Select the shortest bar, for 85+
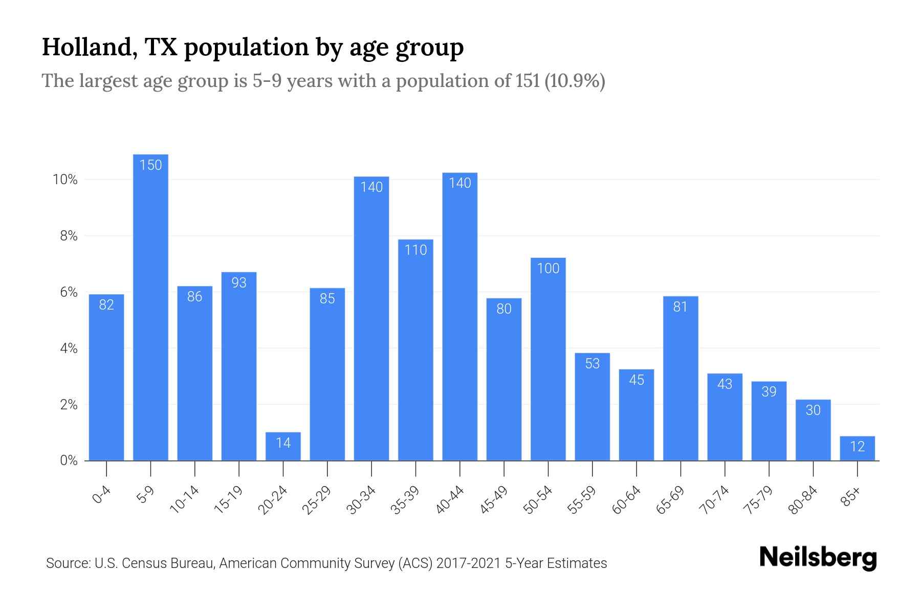(x=857, y=449)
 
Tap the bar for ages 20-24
(x=283, y=446)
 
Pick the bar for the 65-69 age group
(x=681, y=379)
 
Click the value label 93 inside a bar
(x=239, y=282)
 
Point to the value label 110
(x=415, y=250)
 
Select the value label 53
(x=592, y=363)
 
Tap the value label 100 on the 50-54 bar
(x=548, y=268)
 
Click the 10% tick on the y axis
(x=65, y=180)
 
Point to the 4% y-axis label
(x=69, y=348)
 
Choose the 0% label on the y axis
(x=69, y=461)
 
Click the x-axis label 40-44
(x=450, y=499)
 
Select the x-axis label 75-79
(x=759, y=499)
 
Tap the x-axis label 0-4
(x=102, y=495)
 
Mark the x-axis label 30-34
(x=362, y=499)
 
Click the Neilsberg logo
(x=818, y=558)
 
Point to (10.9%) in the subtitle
(x=575, y=81)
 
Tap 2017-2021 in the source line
(x=469, y=563)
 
